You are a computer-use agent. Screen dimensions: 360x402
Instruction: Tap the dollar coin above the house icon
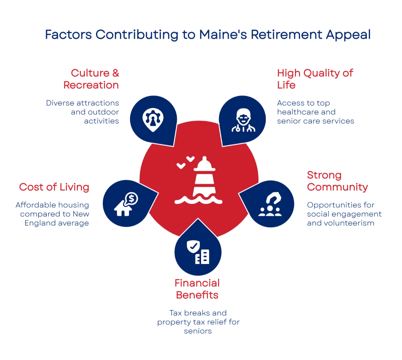tap(131, 199)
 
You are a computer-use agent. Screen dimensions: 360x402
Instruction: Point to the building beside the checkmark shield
tap(203, 258)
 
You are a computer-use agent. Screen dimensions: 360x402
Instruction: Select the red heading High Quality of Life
tap(315, 79)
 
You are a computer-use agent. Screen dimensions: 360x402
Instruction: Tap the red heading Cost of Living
tap(54, 187)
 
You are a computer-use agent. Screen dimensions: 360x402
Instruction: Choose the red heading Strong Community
tap(336, 181)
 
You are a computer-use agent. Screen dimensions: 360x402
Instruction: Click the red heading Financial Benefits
tap(196, 289)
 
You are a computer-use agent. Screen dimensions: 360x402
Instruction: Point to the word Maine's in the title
tap(229, 35)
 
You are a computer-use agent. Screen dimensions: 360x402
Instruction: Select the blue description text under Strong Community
tap(344, 214)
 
